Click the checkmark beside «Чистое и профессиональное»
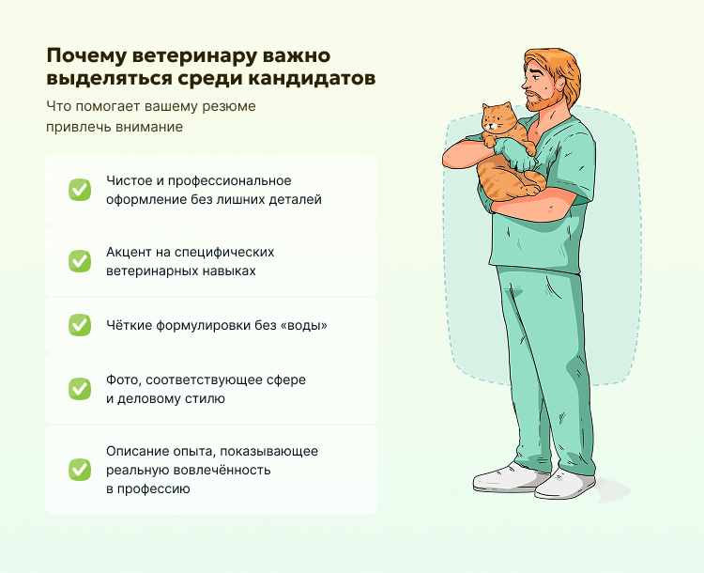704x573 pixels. [80, 190]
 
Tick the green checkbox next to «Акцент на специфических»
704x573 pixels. [80, 261]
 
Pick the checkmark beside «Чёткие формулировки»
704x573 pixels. [80, 325]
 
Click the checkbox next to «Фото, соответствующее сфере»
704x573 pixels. [80, 389]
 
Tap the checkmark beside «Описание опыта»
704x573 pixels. [80, 469]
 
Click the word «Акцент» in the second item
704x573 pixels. [127, 253]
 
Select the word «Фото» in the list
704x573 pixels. [121, 379]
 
